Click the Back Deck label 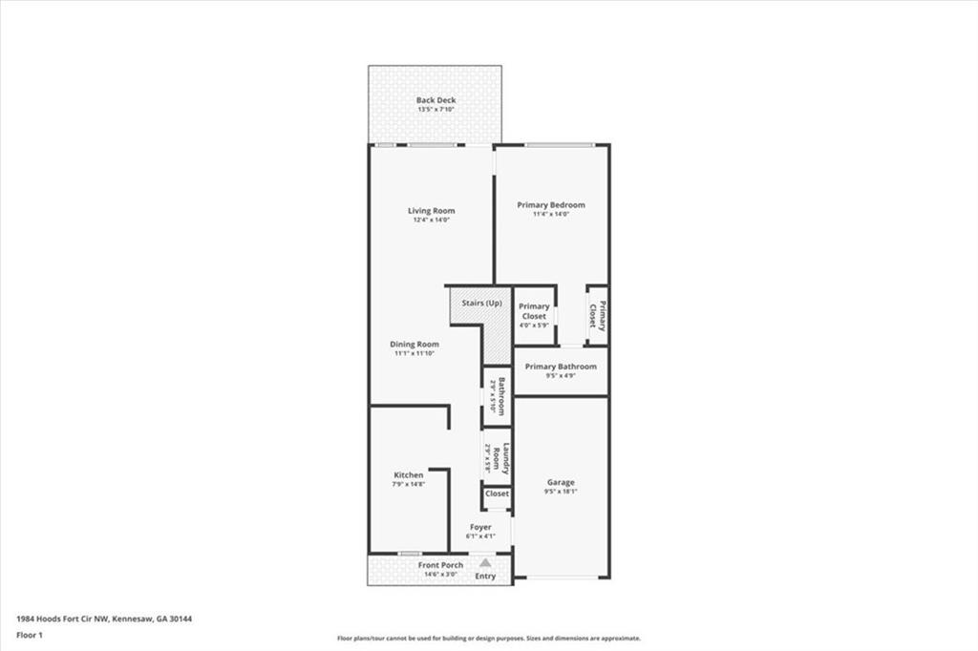436,100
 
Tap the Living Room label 431,211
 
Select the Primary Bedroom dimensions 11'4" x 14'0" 550,215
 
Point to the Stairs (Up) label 481,304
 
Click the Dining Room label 414,345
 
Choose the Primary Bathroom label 561,367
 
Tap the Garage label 561,482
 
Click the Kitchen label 409,475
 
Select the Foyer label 480,527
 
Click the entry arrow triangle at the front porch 485,563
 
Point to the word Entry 485,577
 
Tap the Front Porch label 440,565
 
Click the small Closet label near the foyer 497,494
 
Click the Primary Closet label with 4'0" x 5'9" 534,311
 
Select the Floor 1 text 32,635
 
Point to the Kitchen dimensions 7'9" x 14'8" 408,485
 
